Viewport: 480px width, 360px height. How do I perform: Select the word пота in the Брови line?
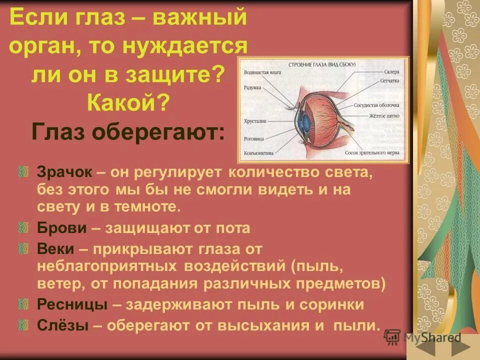(233, 228)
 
